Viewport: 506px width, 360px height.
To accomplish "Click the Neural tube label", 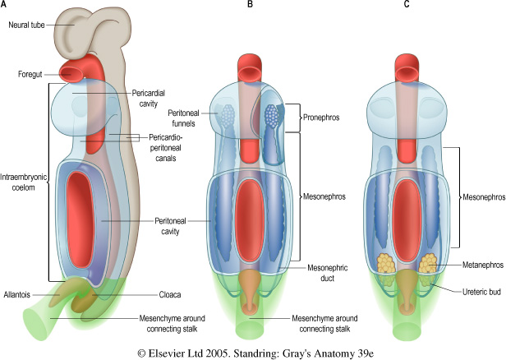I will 30,25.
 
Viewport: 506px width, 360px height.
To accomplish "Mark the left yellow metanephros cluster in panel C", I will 384,264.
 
